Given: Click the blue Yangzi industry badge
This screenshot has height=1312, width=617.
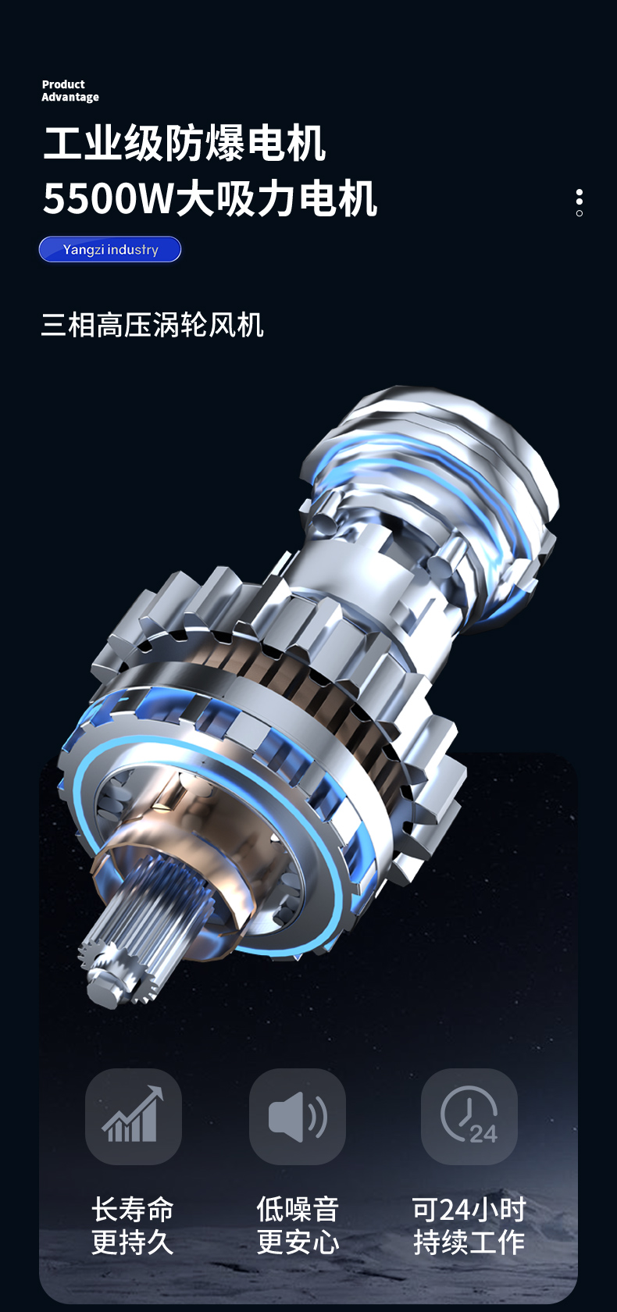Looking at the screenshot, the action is tap(110, 250).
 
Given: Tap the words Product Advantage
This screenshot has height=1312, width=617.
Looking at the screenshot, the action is tap(70, 91).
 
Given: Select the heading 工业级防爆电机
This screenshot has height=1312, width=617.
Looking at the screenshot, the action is tap(184, 143).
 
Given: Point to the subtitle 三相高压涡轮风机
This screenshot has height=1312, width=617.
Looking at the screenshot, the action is tap(152, 325).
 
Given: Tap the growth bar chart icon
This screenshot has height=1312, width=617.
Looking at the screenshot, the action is tap(133, 1117).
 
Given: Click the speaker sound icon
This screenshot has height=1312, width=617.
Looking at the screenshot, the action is tap(298, 1117).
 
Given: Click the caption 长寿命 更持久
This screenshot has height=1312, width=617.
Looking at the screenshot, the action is tap(133, 1226).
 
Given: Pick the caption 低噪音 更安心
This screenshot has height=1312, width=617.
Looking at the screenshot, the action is tap(298, 1226).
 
